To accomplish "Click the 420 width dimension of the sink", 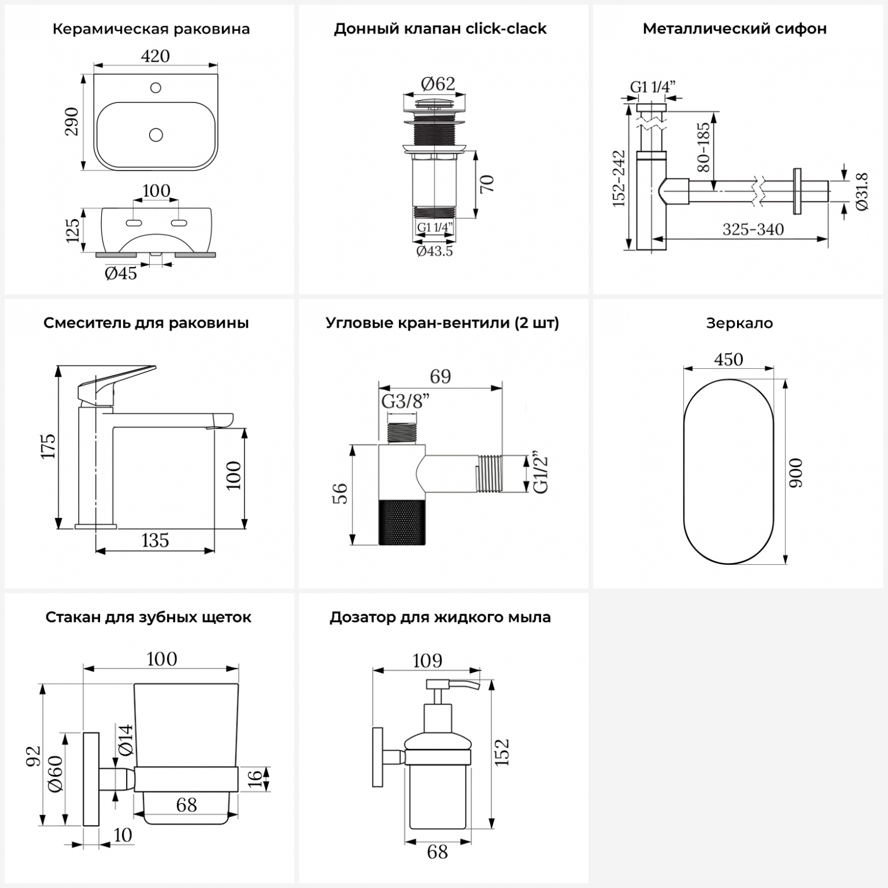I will [x=155, y=56].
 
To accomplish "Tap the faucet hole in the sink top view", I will [x=156, y=88].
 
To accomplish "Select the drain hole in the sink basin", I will [x=156, y=135].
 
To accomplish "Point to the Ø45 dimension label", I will [x=121, y=273].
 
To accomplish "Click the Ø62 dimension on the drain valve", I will [x=438, y=84].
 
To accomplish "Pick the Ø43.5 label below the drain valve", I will [x=435, y=251].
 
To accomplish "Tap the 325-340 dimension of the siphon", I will [x=753, y=229].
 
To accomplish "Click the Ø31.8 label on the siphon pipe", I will [x=862, y=191].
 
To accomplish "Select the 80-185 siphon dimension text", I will [x=703, y=147].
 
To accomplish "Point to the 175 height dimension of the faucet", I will [x=49, y=446].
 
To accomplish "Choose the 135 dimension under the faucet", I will [x=155, y=540].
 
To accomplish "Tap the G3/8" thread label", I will [x=405, y=401].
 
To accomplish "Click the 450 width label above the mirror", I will [x=728, y=359].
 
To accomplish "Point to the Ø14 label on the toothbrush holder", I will [x=126, y=740].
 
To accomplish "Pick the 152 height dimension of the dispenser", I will [x=502, y=752].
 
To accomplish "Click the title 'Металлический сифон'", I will [x=735, y=28].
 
